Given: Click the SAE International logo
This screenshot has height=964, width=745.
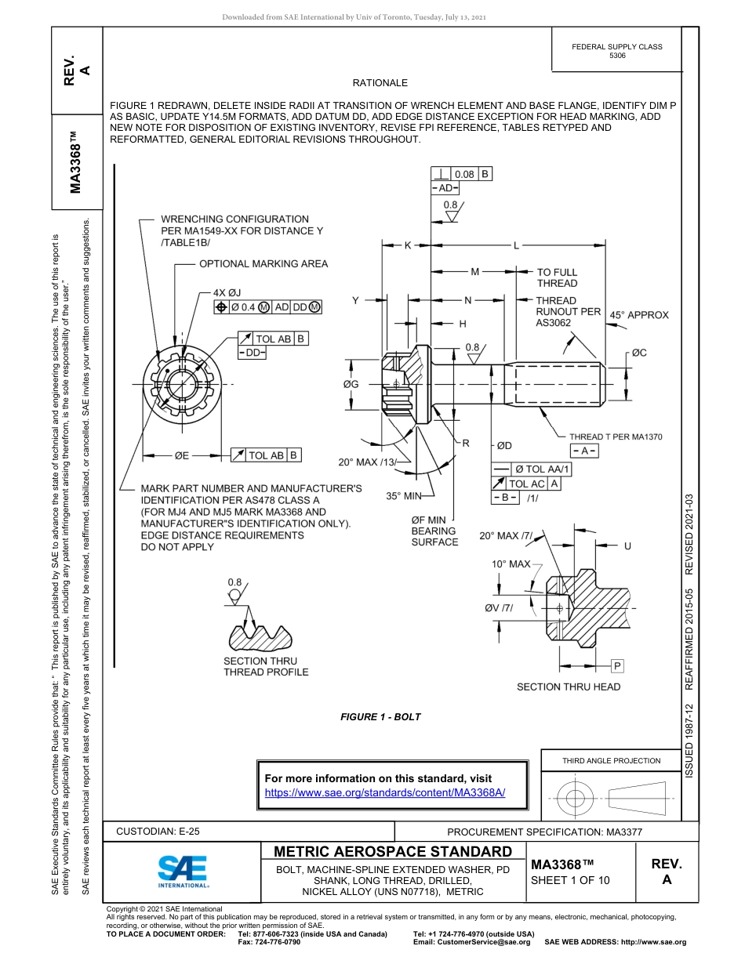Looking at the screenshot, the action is [x=183, y=870].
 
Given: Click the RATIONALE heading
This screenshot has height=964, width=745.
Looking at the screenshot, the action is [x=380, y=82].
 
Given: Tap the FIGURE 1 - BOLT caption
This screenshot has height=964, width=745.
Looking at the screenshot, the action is [x=380, y=716].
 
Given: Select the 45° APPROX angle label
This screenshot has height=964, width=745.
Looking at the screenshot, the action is [x=639, y=315].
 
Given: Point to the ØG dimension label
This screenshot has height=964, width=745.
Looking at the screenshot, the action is [x=351, y=384].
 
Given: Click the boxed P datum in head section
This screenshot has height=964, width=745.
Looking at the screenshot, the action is [x=617, y=666].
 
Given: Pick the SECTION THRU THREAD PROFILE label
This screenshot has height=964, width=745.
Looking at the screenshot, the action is [x=266, y=666].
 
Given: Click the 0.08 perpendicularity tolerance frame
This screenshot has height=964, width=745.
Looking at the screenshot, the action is [x=463, y=174].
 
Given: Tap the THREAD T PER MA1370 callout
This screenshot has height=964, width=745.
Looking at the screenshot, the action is [x=616, y=437].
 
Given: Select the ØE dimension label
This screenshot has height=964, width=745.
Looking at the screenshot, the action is [x=181, y=455].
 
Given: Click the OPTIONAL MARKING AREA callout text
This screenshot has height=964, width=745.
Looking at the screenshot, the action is [x=263, y=264].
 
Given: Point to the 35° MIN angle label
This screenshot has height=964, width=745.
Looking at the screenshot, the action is [x=404, y=496].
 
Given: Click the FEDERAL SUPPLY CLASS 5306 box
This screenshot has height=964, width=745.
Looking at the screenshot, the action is [x=616, y=51].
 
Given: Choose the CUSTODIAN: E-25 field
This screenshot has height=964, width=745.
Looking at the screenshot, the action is [x=163, y=832].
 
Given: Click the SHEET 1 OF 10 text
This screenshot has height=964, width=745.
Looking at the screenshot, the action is [x=570, y=880].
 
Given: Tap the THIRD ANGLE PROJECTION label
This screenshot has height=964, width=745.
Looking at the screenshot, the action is [x=611, y=760].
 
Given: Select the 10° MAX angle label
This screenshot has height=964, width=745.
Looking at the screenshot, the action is [x=511, y=564].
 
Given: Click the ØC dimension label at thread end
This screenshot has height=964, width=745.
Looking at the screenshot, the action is [x=639, y=353].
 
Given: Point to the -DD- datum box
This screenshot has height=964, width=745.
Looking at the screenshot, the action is [x=253, y=353].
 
